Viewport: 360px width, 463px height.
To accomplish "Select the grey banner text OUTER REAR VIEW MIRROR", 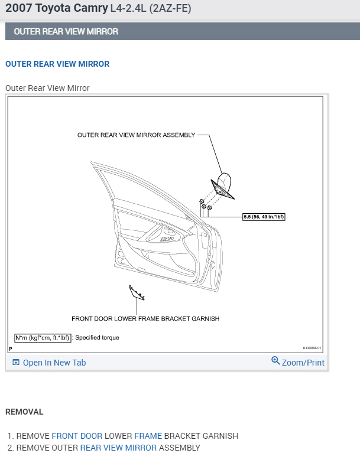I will pos(66,31).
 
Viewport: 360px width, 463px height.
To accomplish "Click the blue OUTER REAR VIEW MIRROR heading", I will pos(57,64).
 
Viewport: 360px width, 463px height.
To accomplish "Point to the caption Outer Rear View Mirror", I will pos(47,88).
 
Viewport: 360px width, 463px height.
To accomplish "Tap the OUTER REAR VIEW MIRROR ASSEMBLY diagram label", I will pos(136,135).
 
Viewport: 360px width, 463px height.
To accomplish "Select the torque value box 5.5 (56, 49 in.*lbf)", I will pos(264,217).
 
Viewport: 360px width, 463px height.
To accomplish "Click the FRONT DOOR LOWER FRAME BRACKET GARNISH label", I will pos(145,319).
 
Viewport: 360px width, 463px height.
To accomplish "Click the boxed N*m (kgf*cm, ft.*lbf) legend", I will pos(43,338).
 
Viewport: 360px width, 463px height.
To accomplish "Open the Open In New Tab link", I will pos(54,363).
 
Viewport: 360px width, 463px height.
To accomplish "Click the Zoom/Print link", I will pos(303,363).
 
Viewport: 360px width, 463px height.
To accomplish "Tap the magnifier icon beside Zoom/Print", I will pos(275,360).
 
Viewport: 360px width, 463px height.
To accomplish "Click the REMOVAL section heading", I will pos(24,412).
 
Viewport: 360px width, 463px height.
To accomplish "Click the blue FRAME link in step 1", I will pos(148,436).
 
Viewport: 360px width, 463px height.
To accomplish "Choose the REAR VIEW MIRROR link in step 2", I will pos(118,448).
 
